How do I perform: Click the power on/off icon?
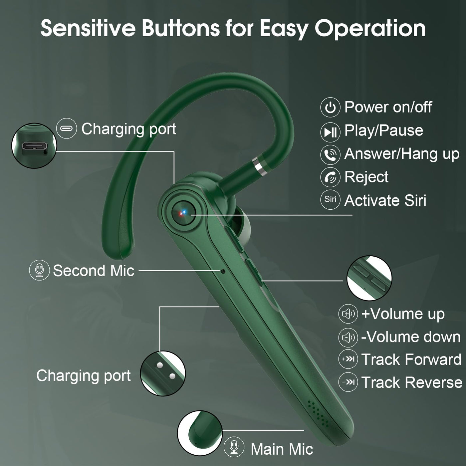coord(330,107)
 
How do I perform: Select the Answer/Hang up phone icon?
coord(330,154)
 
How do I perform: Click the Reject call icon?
coord(330,177)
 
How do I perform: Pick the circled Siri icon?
coord(330,200)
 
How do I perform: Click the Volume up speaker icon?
coord(348,314)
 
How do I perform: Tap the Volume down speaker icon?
coord(348,337)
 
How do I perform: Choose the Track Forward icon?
coord(348,359)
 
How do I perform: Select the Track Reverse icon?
coord(348,382)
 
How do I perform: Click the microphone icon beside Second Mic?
coord(39,270)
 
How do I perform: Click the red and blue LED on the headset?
coord(182,213)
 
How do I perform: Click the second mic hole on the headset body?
coord(223,272)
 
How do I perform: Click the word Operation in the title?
coord(370,29)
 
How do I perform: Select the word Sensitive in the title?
coord(88,29)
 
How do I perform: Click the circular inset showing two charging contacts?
coord(163,373)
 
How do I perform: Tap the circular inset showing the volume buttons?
coord(369,278)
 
